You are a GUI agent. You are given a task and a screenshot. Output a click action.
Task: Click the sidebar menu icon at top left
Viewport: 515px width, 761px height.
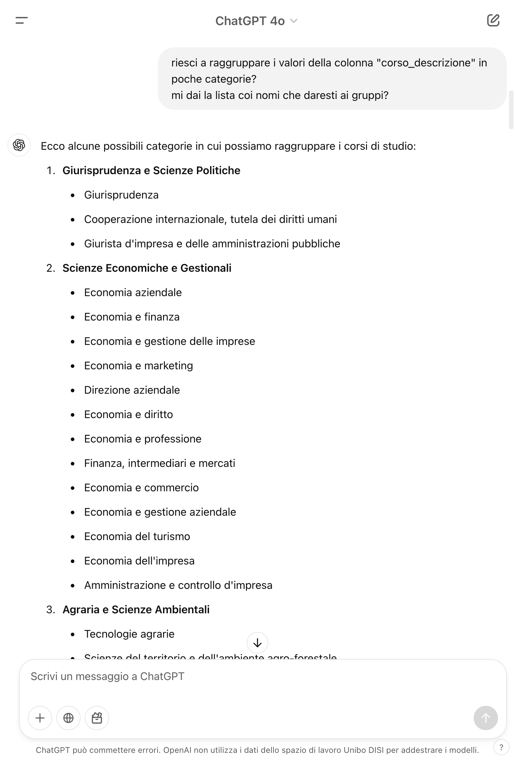click(21, 21)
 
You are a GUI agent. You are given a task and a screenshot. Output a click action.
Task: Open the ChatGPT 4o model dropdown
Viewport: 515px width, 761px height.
click(256, 21)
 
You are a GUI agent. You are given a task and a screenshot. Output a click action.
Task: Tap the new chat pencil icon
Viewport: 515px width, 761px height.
click(493, 20)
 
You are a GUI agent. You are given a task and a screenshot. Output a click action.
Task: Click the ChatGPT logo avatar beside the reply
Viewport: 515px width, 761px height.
click(19, 145)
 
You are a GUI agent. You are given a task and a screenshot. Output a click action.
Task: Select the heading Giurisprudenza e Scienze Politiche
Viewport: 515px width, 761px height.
click(151, 170)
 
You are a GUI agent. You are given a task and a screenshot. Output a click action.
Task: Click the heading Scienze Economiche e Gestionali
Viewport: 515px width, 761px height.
click(147, 268)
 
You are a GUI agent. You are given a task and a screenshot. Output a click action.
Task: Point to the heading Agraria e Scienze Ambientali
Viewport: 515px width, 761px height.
click(136, 610)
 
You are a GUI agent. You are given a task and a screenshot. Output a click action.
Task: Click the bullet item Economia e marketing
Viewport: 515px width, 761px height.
click(138, 366)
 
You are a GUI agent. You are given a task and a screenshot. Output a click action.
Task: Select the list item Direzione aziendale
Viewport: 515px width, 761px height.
click(132, 390)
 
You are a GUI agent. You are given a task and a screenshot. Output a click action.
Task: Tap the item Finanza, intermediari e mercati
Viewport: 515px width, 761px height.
click(159, 463)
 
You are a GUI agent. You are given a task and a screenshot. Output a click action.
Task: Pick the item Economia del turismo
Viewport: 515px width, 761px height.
click(137, 536)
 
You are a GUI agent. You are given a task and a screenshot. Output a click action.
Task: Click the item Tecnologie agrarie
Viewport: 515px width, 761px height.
click(129, 634)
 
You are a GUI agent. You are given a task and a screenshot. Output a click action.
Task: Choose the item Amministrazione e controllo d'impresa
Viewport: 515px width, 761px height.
click(178, 585)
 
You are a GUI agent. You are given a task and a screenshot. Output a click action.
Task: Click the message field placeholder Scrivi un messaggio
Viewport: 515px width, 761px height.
click(107, 676)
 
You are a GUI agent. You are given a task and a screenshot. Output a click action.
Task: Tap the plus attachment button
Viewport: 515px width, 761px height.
click(40, 718)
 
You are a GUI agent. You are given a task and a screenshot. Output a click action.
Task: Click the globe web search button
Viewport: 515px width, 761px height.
click(68, 718)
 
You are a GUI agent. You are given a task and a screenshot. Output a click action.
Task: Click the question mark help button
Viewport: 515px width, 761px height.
click(501, 747)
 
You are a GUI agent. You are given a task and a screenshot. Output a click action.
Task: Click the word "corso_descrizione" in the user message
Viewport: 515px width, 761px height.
click(426, 63)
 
